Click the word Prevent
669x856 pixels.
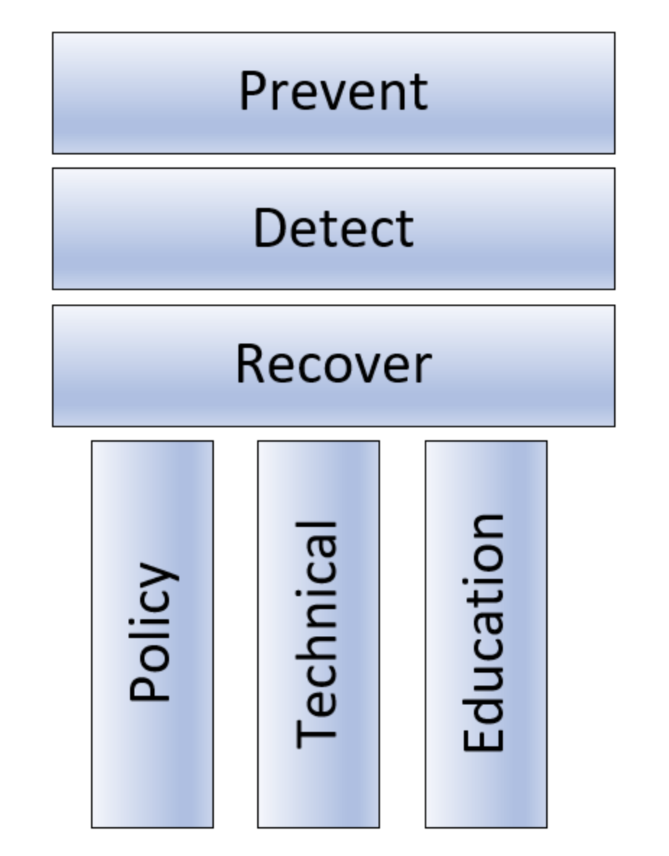pos(333,92)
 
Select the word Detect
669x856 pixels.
pos(333,228)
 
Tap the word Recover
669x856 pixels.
pos(333,364)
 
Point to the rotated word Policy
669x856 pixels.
pos(152,632)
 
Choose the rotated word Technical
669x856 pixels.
pos(318,633)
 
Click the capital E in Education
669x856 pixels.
pos(483,741)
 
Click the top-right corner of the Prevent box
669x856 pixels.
pos(615,32)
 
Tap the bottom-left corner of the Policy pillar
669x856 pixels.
pos(92,827)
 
